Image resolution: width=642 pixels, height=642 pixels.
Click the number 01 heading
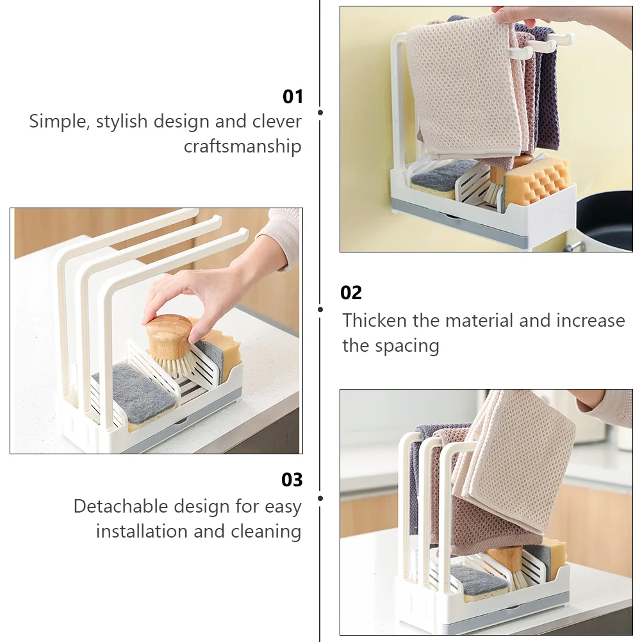(x=293, y=97)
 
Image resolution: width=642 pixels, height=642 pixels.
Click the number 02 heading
(x=351, y=293)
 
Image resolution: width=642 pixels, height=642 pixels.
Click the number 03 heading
(x=292, y=479)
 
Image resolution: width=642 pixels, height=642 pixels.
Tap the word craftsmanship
(x=242, y=147)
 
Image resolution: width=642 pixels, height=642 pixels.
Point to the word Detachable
(x=122, y=506)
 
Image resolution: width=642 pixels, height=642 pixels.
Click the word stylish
(x=122, y=122)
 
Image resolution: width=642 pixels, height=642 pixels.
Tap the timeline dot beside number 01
(x=320, y=112)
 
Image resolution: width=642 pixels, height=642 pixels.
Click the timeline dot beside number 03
(x=320, y=498)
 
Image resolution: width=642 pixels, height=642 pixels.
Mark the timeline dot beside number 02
(x=320, y=309)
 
